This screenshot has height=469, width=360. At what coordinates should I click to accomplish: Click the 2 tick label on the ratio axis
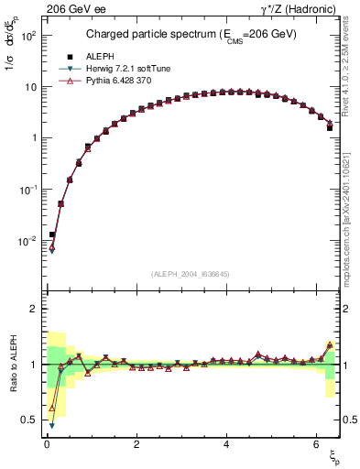32,309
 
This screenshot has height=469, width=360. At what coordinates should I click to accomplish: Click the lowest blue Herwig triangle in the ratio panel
52,425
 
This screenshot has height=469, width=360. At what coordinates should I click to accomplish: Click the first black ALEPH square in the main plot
52,234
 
